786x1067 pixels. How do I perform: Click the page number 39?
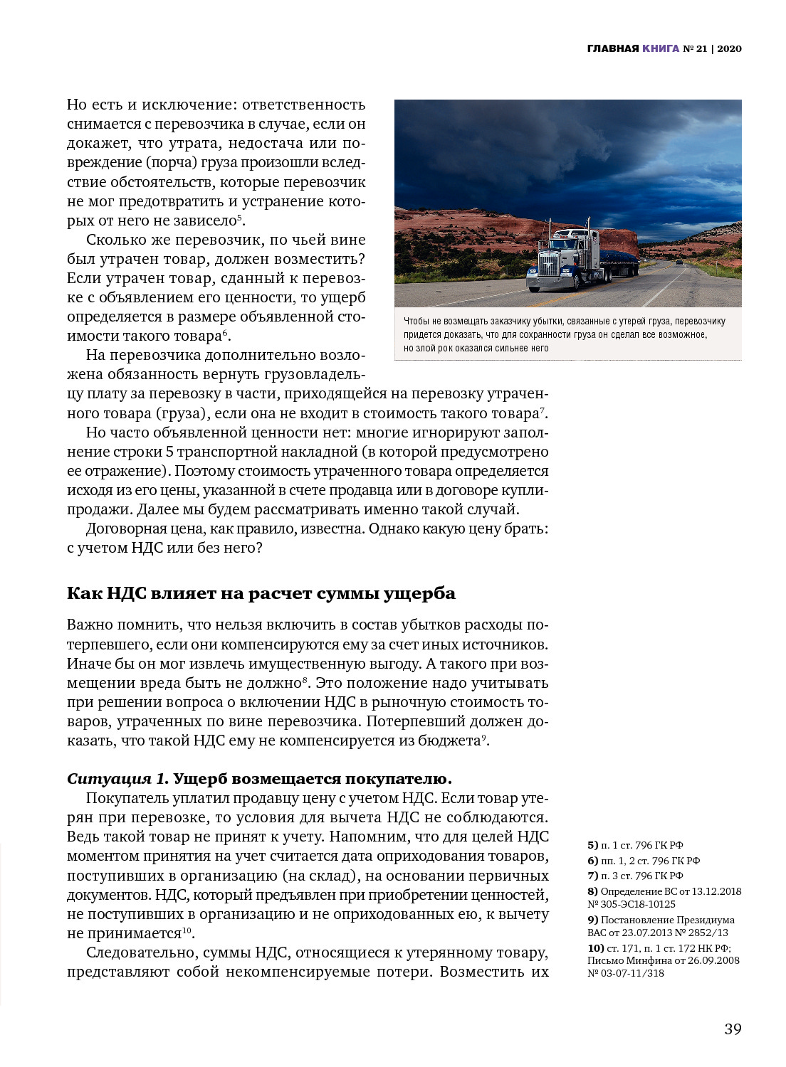click(x=733, y=1029)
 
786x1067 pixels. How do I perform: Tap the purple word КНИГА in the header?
click(x=660, y=49)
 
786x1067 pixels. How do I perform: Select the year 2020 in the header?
click(x=729, y=49)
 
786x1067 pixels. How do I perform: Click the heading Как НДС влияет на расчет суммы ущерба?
click(x=261, y=593)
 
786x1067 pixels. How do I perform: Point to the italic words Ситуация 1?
click(x=117, y=778)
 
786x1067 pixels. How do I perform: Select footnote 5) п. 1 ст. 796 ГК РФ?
click(x=635, y=845)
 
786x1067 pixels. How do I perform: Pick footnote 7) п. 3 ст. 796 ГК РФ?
click(x=635, y=876)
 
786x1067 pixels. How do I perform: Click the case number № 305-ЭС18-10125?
click(x=632, y=903)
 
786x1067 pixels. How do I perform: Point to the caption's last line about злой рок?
click(x=476, y=348)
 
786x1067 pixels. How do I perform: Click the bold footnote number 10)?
click(x=596, y=948)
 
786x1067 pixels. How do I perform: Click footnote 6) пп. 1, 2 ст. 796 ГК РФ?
click(x=644, y=861)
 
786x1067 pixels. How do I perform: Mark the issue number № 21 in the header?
click(x=695, y=49)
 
